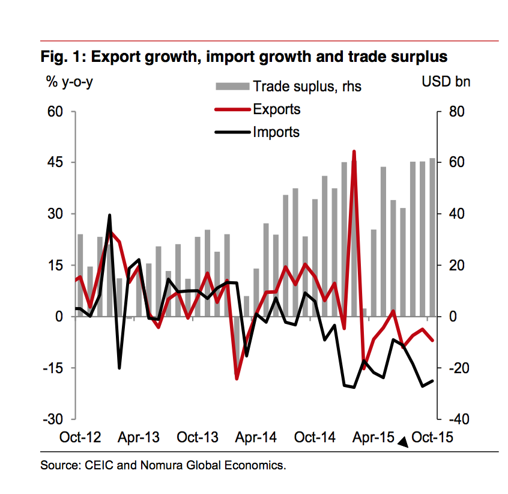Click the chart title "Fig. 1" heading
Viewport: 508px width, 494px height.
[x=244, y=57]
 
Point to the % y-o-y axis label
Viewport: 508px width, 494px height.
[x=70, y=82]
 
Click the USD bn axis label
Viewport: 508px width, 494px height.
[x=446, y=82]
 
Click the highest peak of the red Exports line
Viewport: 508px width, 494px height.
[x=354, y=151]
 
